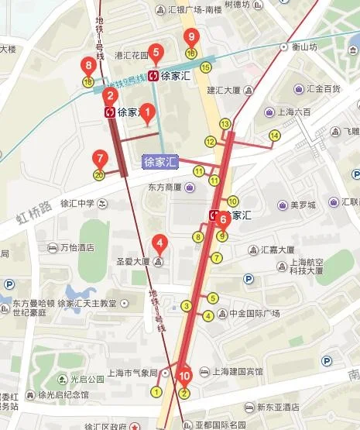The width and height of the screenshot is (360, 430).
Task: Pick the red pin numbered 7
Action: [x=98, y=158]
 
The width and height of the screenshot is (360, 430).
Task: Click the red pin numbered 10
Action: [x=184, y=377]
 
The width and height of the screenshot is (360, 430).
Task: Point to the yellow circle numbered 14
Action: [x=274, y=136]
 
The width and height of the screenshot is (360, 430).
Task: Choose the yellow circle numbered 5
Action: [x=212, y=298]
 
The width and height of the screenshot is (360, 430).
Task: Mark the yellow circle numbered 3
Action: [x=187, y=306]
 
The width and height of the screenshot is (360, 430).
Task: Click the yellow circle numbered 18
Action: [x=87, y=81]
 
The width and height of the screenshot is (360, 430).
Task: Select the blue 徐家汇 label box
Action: [x=160, y=162]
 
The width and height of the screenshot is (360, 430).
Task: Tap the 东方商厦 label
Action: [x=164, y=187]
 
